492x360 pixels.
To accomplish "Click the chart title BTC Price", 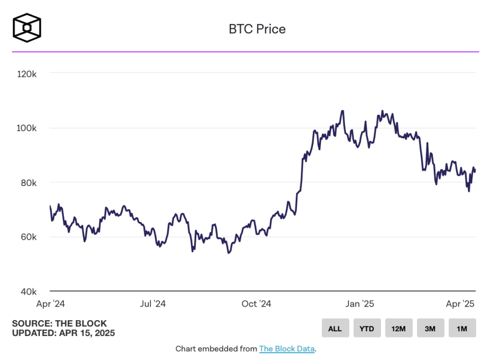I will pyautogui.click(x=257, y=29).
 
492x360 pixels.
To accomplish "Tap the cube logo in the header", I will pyautogui.click(x=27, y=27).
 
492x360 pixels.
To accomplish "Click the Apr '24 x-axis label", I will pyautogui.click(x=50, y=304).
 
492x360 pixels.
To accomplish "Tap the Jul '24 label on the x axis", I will pyautogui.click(x=153, y=304).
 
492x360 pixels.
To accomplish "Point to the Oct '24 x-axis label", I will pyautogui.click(x=257, y=304).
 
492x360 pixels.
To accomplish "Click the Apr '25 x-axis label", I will pyautogui.click(x=460, y=304).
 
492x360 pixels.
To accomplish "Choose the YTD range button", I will pyautogui.click(x=367, y=329).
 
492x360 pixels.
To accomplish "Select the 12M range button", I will pyautogui.click(x=399, y=329).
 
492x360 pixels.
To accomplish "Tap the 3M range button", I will pyautogui.click(x=430, y=329).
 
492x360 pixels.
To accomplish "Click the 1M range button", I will pyautogui.click(x=462, y=329).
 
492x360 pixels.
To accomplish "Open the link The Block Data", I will pyautogui.click(x=287, y=349).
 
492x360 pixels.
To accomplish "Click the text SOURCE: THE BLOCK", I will pyautogui.click(x=60, y=323).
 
